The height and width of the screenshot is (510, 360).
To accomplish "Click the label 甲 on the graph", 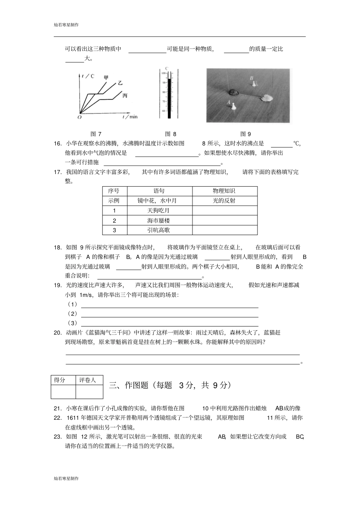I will click(106, 77).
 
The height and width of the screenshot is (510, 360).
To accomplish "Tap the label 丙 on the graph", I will click(125, 96).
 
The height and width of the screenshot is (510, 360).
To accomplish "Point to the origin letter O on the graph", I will click(79, 117).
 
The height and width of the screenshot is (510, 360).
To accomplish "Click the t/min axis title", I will click(130, 117).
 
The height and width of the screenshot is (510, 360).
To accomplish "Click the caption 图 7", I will click(96, 134).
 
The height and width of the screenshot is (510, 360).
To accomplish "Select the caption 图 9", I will click(246, 134).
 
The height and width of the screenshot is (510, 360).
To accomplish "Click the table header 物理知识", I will click(224, 191).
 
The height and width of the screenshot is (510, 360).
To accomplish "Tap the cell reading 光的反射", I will click(224, 201).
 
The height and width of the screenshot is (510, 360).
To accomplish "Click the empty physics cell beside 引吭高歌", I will click(224, 230).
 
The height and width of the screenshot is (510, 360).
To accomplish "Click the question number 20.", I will click(58, 333).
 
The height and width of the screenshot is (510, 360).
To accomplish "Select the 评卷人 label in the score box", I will click(88, 380).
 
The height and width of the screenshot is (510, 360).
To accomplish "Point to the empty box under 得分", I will click(63, 392).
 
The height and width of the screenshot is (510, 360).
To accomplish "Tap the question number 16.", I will click(58, 143).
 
